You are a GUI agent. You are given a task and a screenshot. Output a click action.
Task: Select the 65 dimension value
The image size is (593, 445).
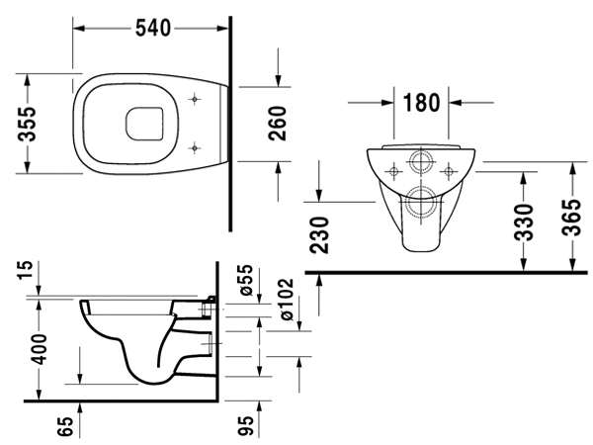pos(65,426)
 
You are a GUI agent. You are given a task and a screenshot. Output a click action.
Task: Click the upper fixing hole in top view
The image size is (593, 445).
pos(196,99)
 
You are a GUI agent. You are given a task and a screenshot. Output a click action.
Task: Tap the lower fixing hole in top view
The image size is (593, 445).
pos(196,149)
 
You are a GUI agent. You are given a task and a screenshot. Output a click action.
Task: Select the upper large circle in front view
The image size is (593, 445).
pos(422,165)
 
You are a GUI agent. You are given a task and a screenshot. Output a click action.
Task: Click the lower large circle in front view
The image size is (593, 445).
pos(422,199)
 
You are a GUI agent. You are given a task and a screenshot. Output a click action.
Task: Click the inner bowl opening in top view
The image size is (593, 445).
pos(144,125)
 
